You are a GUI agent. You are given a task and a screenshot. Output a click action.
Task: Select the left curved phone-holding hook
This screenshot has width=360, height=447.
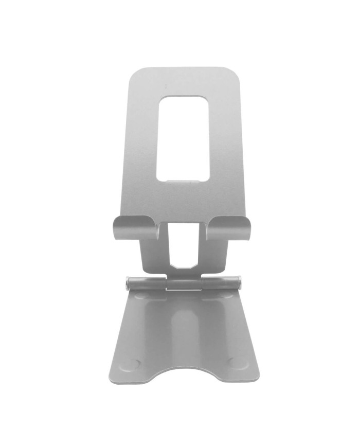[135, 227]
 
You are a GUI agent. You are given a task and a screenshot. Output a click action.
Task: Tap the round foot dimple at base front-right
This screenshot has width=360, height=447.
[237, 362]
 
